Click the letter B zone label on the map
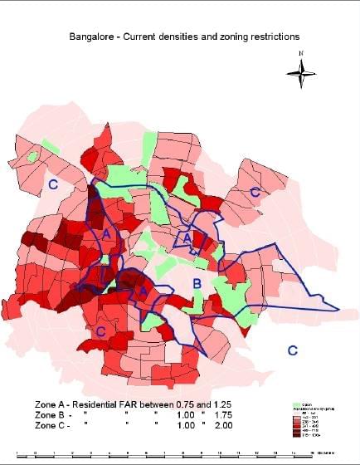(197, 285)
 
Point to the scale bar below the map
(166, 453)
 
